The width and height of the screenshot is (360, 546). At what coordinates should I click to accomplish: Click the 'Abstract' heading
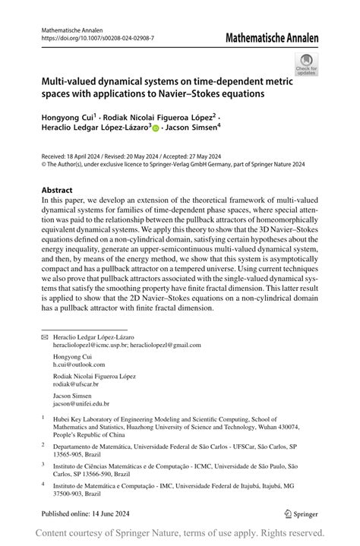pyautogui.click(x=58, y=190)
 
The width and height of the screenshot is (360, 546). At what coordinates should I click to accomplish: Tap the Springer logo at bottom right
pyautogui.click(x=300, y=513)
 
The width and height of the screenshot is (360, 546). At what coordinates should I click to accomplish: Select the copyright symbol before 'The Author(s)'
pyautogui.click(x=43, y=163)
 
